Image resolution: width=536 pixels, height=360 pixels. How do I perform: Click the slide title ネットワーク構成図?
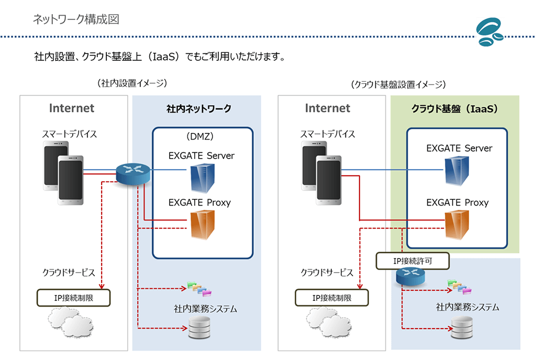(x=76, y=19)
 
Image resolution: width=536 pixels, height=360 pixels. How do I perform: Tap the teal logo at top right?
(x=490, y=32)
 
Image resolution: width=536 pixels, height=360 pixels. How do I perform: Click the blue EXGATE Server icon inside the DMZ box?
(x=203, y=178)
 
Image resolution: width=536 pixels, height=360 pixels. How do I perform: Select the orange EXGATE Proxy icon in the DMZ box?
(x=203, y=224)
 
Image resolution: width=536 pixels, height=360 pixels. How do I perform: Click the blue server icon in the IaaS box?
(x=456, y=171)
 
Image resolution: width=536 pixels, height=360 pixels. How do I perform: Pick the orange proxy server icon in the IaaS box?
(x=456, y=225)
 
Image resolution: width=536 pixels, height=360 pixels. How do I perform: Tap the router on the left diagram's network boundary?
(x=133, y=174)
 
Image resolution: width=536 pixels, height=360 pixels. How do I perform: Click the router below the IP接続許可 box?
(x=410, y=276)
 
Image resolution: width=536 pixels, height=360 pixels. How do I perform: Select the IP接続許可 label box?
(x=412, y=261)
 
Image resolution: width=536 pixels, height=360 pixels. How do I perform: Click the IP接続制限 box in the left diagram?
(x=73, y=298)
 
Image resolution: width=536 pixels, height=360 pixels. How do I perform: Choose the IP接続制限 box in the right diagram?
(x=331, y=298)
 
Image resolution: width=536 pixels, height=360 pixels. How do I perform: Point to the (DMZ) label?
(x=200, y=137)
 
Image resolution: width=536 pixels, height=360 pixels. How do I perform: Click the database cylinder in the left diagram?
(x=199, y=328)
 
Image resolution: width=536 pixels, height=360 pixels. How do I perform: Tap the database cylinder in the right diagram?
(x=462, y=328)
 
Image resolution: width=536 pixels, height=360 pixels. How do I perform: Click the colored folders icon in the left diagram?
(x=199, y=289)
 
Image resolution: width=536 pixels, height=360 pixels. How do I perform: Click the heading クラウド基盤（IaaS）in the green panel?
(x=455, y=109)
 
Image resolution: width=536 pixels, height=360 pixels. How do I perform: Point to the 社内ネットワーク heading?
(x=198, y=109)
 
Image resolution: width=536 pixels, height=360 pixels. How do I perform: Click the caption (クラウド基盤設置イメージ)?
(x=398, y=84)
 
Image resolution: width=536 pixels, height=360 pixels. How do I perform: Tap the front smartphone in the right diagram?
(x=329, y=180)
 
